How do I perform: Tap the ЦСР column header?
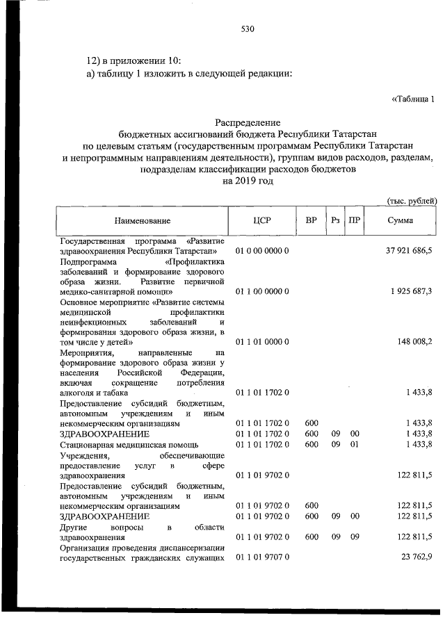coord(262,220)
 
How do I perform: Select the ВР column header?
coord(311,220)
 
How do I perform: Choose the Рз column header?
coord(335,220)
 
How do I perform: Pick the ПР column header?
coord(355,220)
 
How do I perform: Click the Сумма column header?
coord(401,220)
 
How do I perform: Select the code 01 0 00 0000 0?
coord(262,250)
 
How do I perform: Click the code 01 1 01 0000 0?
coord(262,341)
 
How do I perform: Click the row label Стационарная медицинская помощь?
coord(129,443)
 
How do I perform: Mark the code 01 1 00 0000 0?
coord(262,291)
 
